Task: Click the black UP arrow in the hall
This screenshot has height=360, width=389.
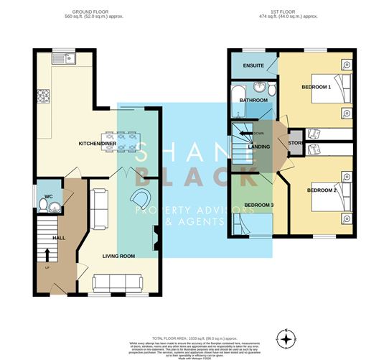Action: coord(48,254)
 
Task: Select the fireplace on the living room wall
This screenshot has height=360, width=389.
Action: coord(155,238)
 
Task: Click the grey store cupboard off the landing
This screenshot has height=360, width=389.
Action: coord(293,142)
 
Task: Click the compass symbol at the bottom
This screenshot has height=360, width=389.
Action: coord(286,338)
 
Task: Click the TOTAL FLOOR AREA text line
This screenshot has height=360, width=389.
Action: coord(194,337)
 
